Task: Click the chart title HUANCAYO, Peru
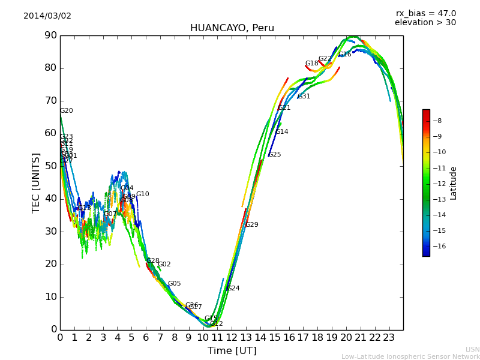coord(232,28)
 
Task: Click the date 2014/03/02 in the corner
coord(47,16)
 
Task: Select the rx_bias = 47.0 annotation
coord(425,13)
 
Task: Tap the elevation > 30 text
coord(425,23)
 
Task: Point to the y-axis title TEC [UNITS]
coord(36,182)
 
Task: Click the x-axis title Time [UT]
coord(232,350)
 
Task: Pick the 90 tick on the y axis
coord(50,35)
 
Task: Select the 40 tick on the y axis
coord(50,199)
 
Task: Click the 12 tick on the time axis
coord(232,337)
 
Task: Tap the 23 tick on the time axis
coord(389,337)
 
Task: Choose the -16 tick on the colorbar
coord(439,246)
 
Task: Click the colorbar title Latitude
coord(454,183)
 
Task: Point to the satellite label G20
coord(67,111)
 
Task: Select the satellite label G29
coord(252,225)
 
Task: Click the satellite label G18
coord(312,64)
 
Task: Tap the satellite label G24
coord(233,289)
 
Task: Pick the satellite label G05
coord(174,284)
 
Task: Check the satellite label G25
coord(274,155)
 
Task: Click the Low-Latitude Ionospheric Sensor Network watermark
coord(410,356)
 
